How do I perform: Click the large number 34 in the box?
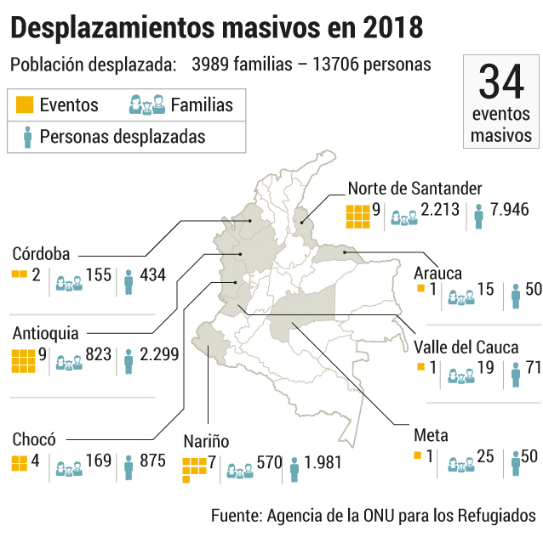(x=501, y=82)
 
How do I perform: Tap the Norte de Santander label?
(x=414, y=189)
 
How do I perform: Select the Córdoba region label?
(x=41, y=254)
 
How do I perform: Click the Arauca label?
(x=437, y=273)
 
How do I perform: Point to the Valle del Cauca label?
(x=466, y=348)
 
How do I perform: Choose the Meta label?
(x=431, y=435)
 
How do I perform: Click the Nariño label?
(x=206, y=441)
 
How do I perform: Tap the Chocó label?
(x=34, y=439)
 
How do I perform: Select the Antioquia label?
(x=45, y=333)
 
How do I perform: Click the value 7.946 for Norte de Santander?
(x=510, y=210)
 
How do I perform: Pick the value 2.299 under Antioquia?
(x=159, y=354)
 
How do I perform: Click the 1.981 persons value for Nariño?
(x=323, y=463)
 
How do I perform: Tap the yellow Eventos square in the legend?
(x=25, y=105)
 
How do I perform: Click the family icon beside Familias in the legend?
(x=147, y=105)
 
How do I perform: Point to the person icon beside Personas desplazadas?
(x=28, y=138)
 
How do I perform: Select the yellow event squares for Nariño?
(x=194, y=470)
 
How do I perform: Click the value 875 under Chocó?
(x=152, y=461)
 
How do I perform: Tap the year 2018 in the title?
(x=393, y=28)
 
